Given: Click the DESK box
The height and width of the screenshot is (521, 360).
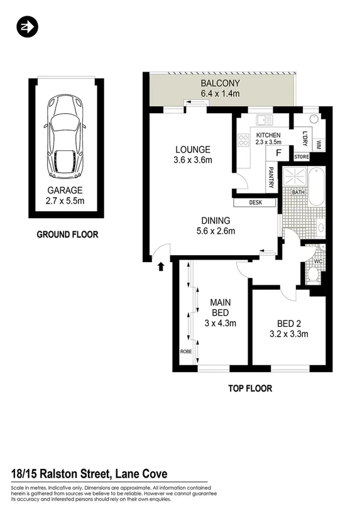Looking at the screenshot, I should click(255, 203).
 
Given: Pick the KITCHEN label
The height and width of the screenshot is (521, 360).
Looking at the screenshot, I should click(268, 135).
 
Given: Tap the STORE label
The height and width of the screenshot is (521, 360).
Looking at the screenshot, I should click(302, 156).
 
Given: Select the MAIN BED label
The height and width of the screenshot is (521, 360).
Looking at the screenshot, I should click(220, 307).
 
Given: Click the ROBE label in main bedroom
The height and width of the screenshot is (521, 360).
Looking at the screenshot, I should click(186, 351).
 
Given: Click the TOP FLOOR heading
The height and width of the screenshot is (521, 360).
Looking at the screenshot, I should click(249, 388).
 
